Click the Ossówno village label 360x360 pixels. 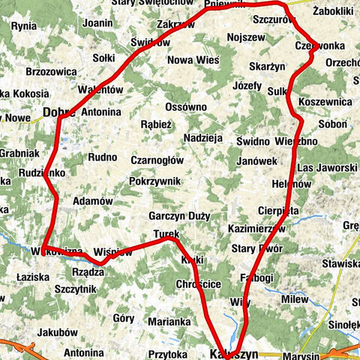[x=185, y=106]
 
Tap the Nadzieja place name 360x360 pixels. [x=203, y=138]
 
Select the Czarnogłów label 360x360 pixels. [x=157, y=160]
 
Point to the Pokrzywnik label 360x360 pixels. [x=154, y=181]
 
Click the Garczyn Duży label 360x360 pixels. [x=179, y=216]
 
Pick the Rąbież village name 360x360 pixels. [x=157, y=124]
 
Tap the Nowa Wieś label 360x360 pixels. [x=191, y=60]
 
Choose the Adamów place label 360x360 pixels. [x=93, y=201]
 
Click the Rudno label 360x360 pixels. [x=103, y=157]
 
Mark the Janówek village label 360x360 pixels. [x=256, y=160]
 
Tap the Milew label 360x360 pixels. [x=295, y=299]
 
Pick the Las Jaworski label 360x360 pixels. [x=327, y=166]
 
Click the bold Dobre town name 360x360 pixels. [x=61, y=112]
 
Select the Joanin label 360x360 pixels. [x=97, y=22]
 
